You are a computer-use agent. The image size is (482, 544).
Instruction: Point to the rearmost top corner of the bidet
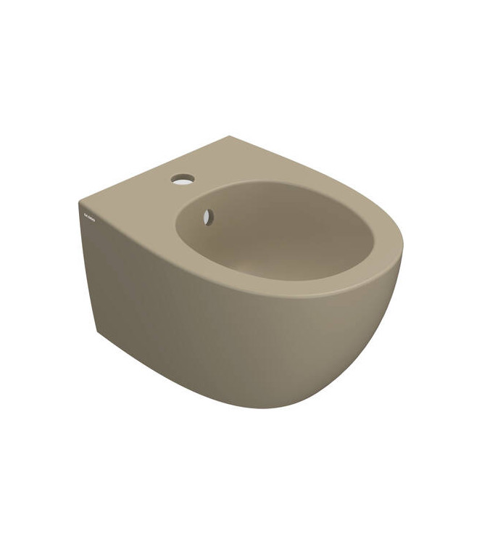point(230,136)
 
